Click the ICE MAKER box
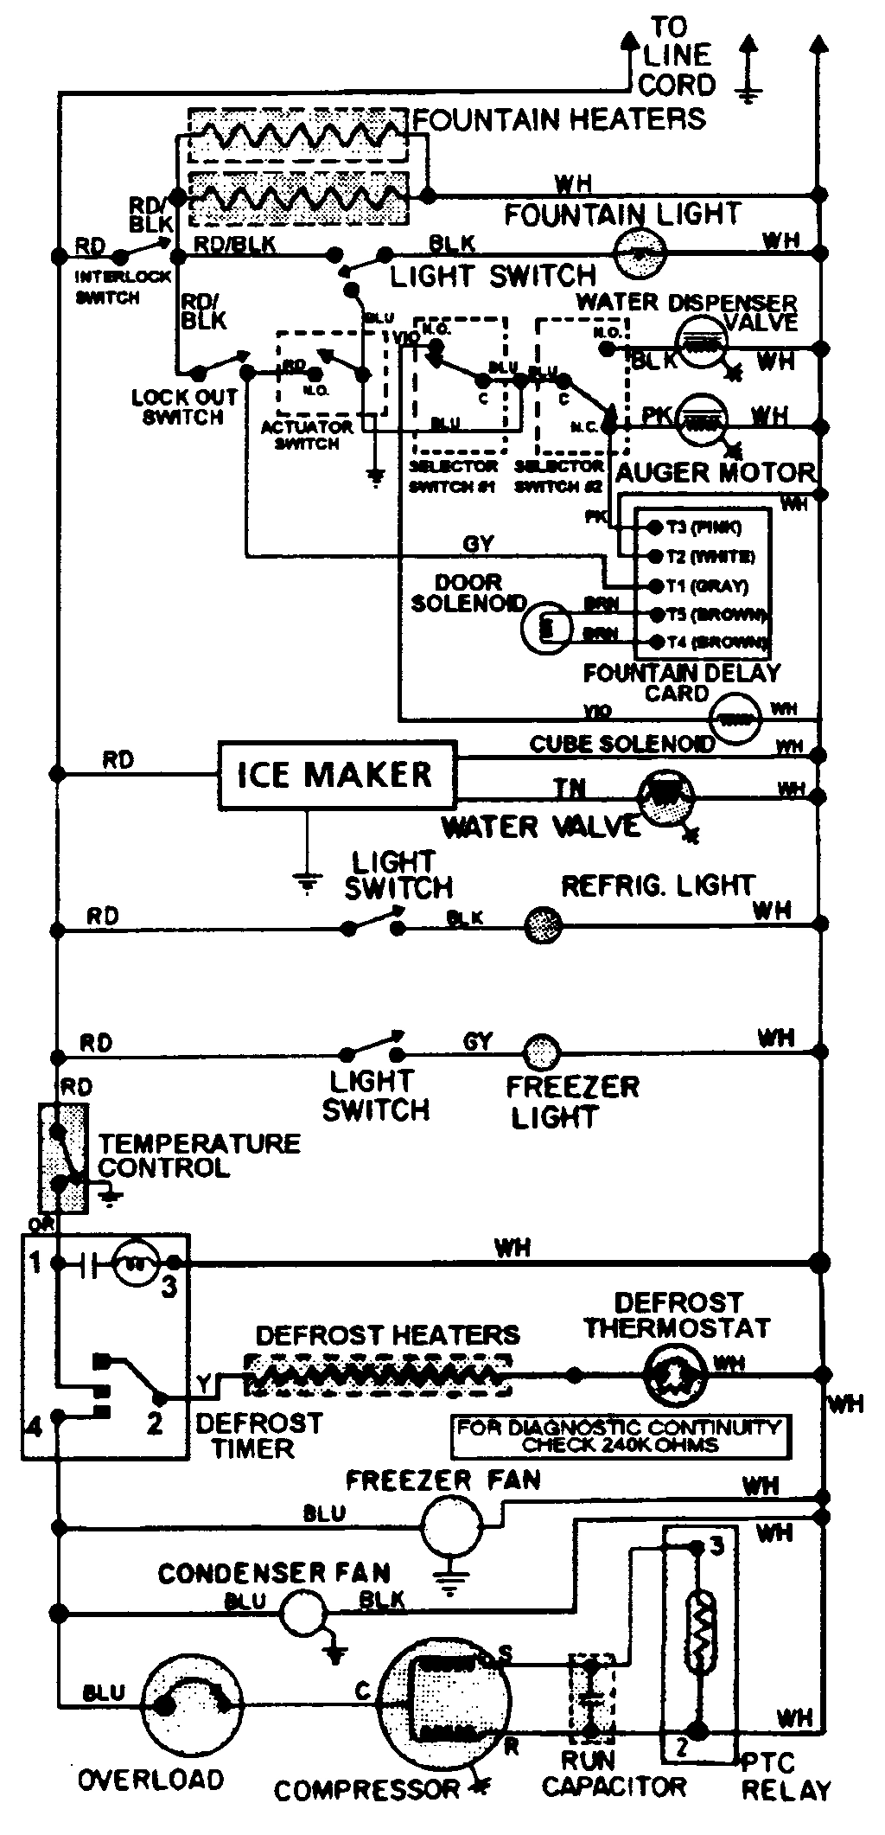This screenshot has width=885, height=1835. [336, 774]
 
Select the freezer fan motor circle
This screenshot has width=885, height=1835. [450, 1527]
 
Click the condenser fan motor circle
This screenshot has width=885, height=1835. [302, 1612]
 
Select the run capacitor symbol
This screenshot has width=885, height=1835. [592, 1697]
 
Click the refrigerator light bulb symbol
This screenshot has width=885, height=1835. [544, 925]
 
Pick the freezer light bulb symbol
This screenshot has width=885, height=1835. [542, 1052]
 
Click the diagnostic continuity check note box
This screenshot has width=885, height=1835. [619, 1435]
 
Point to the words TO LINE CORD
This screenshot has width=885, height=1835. [677, 56]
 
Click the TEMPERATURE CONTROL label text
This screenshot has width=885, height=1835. [199, 1154]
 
